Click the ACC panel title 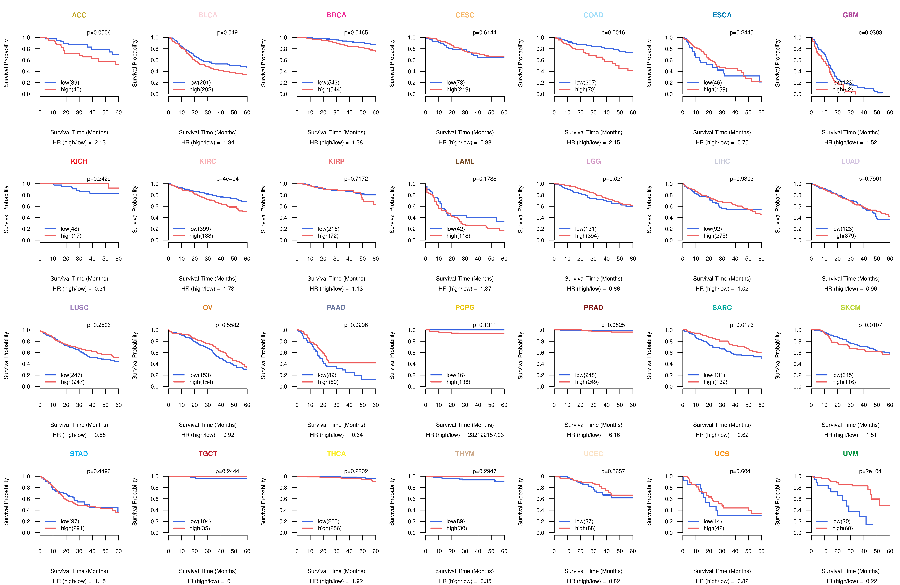point(79,15)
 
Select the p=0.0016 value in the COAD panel point(613,33)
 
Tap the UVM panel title point(850,454)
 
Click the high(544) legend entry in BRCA point(329,90)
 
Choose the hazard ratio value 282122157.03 point(486,435)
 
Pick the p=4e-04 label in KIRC point(227,179)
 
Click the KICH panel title point(79,161)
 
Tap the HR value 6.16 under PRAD point(614,435)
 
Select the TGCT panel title point(208,454)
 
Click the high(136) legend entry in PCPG point(458,382)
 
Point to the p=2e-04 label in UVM point(870,471)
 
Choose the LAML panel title point(465,161)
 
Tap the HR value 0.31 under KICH point(100,289)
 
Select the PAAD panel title point(336,307)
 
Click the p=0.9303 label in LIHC point(742,179)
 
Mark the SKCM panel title point(850,307)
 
